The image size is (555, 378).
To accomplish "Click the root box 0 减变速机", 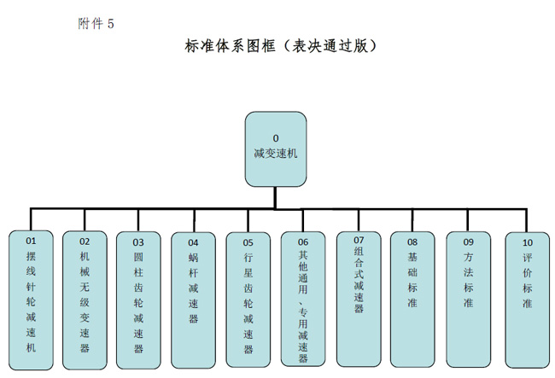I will point(275,148).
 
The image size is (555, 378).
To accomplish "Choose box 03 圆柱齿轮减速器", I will point(138,298).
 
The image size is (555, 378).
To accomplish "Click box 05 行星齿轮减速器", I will point(248,298).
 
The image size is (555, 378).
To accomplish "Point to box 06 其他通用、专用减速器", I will point(302,299).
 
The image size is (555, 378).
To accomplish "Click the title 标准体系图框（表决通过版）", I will point(281,46).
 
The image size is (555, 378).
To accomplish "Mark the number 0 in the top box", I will point(276,137).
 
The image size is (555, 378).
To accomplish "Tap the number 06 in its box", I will point(302,241).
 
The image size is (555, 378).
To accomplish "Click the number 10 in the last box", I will point(528,242).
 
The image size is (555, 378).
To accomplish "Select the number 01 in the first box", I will point(32,241).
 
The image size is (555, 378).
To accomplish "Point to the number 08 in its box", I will point(413,241).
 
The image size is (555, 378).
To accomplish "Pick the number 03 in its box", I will point(138,242).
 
